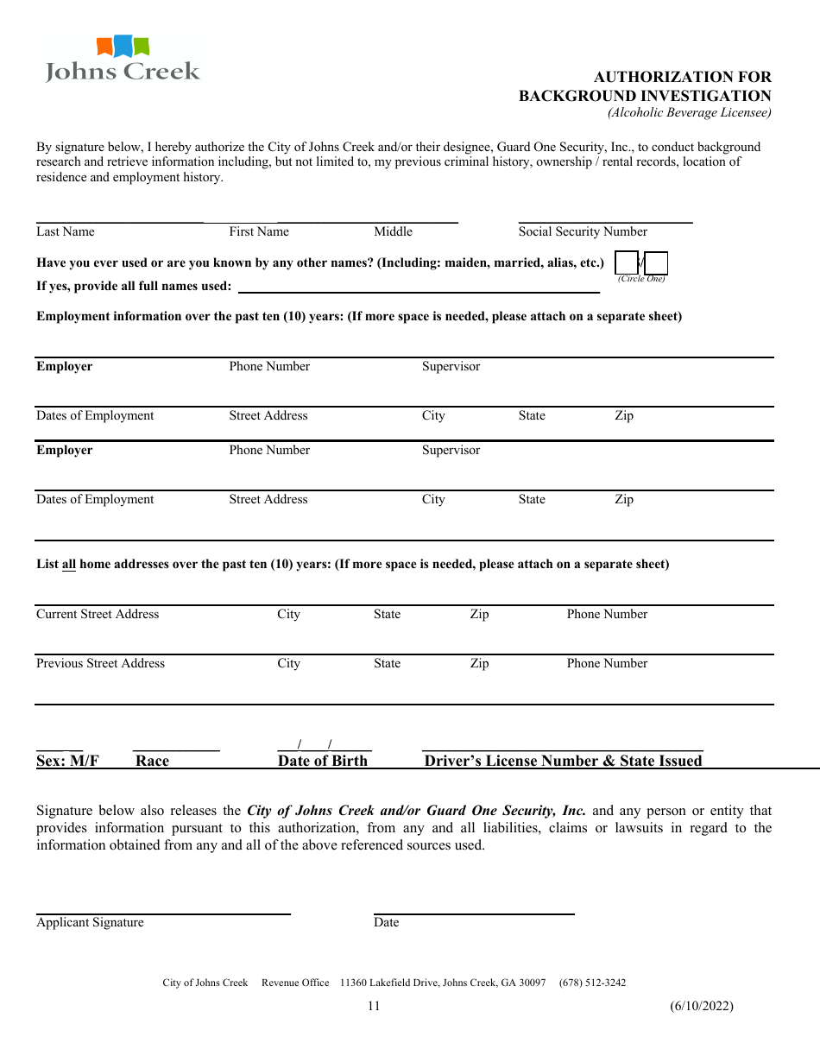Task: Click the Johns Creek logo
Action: point(122,60)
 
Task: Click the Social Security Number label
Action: point(583,231)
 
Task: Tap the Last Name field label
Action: point(66,231)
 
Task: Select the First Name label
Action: point(259,231)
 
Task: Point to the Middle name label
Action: point(394,231)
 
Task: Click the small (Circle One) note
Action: point(641,279)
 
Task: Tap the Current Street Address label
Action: point(98,614)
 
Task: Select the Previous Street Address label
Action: point(100,663)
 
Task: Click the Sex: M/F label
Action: point(67,761)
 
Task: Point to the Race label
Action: point(152,761)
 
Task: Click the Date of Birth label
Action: point(323,761)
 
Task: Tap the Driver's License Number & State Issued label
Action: point(563,761)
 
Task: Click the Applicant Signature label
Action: point(90,922)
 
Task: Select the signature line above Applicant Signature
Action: point(163,913)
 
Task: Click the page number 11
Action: point(374,1005)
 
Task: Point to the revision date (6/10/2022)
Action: point(701,1005)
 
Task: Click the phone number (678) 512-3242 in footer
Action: point(592,983)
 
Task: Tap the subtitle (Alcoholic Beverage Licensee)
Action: point(689,112)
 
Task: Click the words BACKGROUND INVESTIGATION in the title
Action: point(645,96)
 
